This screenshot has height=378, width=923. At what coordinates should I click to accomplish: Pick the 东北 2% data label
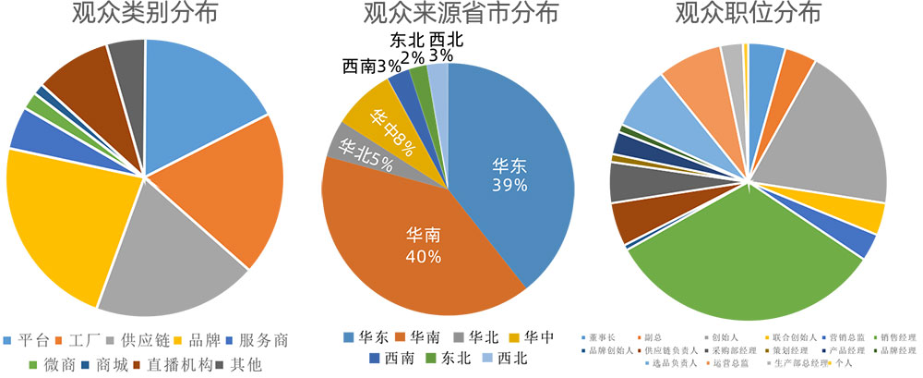408,49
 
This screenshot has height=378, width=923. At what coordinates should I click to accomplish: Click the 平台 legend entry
28,340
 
